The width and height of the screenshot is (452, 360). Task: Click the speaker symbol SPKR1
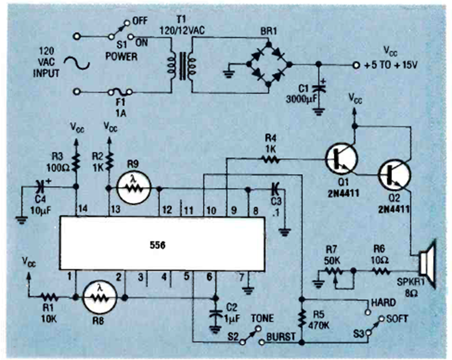[425, 260]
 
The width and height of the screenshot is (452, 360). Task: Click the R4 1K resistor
[270, 159]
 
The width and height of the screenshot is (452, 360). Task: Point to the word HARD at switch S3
[383, 302]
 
